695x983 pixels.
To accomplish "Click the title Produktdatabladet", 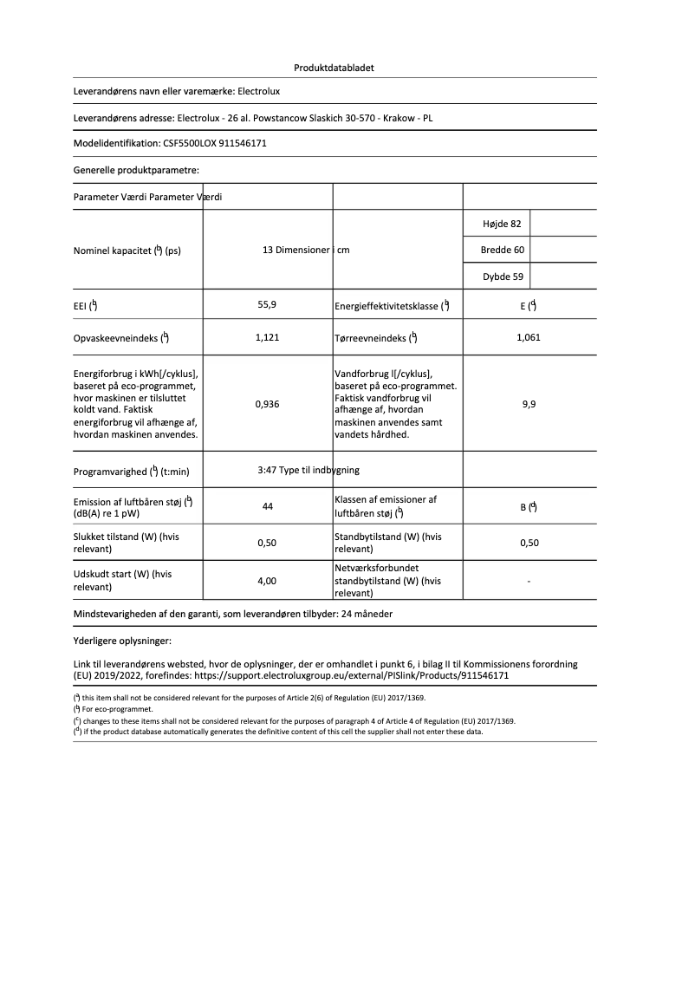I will point(334,67).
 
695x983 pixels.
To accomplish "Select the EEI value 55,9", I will point(267,305).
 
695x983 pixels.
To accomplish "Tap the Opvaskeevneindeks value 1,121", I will point(267,337).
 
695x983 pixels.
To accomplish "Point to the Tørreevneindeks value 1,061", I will point(528,337).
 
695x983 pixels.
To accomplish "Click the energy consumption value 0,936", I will point(267,404).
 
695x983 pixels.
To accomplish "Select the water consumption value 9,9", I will point(529,404).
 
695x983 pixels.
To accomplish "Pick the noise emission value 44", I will point(268,506).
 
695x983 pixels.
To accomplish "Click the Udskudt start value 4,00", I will point(267,582).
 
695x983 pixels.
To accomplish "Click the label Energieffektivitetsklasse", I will point(386,306).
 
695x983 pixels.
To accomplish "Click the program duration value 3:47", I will point(267,470).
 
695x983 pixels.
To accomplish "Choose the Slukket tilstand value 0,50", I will point(267,544).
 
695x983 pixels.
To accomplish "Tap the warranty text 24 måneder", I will point(373,613).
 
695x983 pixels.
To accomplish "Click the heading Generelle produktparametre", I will point(136,171).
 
